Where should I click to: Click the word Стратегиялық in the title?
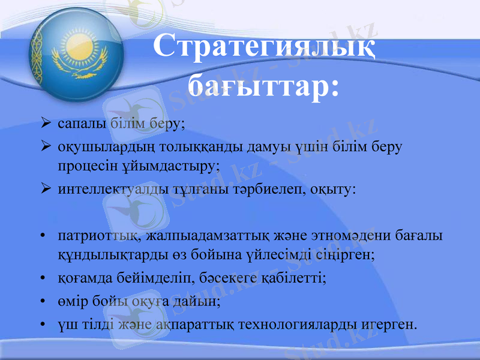coord(265,47)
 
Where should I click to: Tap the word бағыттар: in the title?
coord(263,85)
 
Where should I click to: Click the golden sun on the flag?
coord(78,43)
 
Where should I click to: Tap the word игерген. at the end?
coord(390,325)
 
